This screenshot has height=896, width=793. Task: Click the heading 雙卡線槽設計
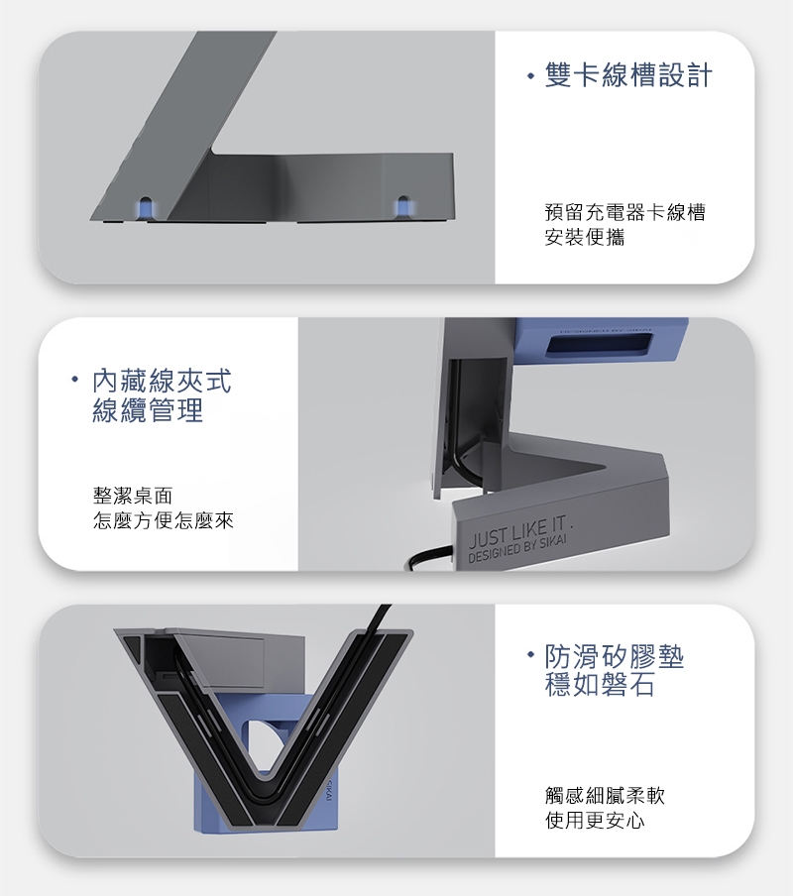tap(628, 75)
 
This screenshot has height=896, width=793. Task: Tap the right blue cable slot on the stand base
tap(403, 208)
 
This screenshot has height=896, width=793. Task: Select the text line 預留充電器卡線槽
tap(625, 212)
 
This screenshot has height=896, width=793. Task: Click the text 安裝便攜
tap(585, 237)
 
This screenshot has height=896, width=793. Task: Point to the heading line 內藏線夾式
tap(163, 381)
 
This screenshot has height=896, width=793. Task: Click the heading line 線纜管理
tap(148, 409)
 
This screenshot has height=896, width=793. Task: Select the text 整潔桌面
tap(133, 496)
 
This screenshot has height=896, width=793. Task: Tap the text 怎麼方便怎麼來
tap(164, 520)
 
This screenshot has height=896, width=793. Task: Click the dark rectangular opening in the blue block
tap(600, 345)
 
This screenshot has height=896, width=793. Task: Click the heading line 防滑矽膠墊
tap(615, 657)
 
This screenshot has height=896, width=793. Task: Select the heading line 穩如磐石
tap(600, 685)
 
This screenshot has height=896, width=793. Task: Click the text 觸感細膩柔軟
tap(605, 795)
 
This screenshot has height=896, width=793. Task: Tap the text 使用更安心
tap(595, 821)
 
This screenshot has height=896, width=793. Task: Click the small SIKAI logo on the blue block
tap(330, 789)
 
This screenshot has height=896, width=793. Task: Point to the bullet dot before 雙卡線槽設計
tap(530, 76)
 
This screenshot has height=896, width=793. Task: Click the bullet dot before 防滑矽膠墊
tap(530, 653)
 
